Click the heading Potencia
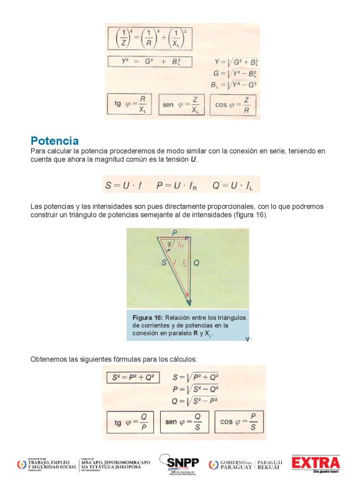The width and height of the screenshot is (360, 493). point(55,141)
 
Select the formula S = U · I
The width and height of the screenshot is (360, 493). point(124,184)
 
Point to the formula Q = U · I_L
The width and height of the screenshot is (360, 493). point(236,184)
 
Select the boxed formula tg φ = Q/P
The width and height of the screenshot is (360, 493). point(131,422)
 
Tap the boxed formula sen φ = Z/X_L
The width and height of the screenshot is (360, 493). point(181,105)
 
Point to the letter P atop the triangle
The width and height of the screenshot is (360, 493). point(175,232)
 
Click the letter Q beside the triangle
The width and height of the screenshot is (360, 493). point(197,263)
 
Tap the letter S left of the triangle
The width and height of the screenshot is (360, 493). point(164,263)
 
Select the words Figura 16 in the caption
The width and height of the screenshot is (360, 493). point(145,317)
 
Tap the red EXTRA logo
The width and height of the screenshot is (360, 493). point(317,463)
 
